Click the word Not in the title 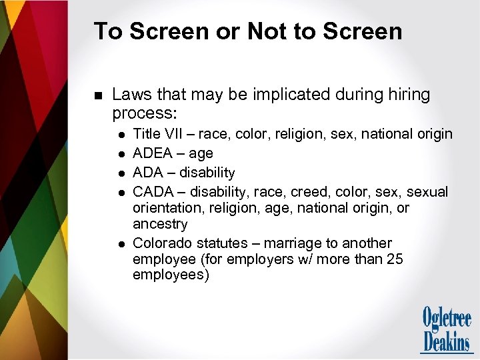pyautogui.click(x=267, y=31)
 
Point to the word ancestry pyautogui.click(x=160, y=224)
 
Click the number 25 pyautogui.click(x=394, y=259)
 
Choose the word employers pyautogui.click(x=248, y=259)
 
